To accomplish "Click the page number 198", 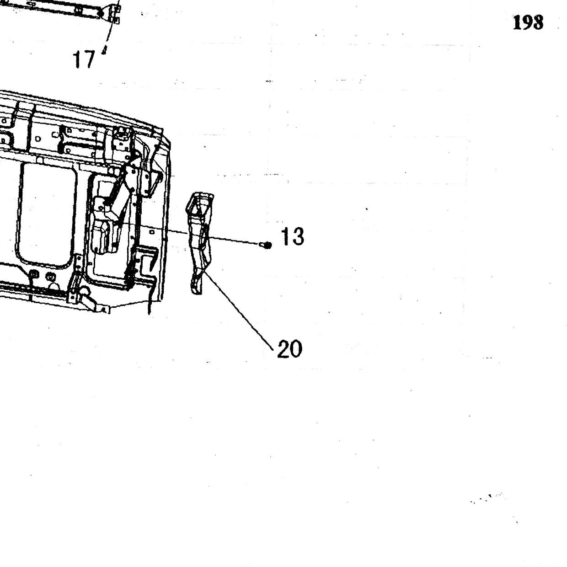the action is (x=528, y=23).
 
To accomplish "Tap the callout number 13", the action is (x=292, y=236).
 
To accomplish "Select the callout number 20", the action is (x=289, y=349).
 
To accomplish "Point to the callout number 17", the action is (x=85, y=59).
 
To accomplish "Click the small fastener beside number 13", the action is (x=266, y=245).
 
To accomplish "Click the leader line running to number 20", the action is (x=239, y=309).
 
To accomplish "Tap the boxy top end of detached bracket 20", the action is (x=200, y=203).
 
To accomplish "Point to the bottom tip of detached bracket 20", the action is (x=197, y=291).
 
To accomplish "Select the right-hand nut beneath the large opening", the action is (x=51, y=277).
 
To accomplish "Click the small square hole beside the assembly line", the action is (x=152, y=232).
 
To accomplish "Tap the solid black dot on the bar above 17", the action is (x=101, y=13).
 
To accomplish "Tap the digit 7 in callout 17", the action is (x=90, y=59).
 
